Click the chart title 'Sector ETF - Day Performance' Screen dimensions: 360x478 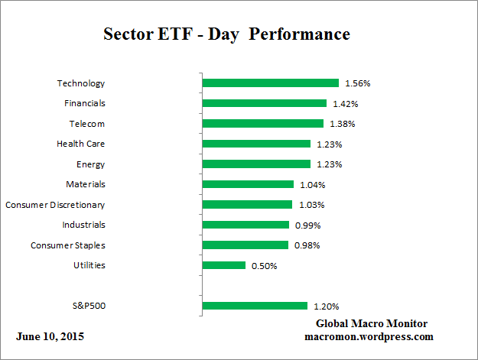pos(226,34)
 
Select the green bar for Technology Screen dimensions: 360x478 pos(270,83)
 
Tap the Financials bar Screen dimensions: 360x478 pos(264,103)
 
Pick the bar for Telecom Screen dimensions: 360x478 pos(262,123)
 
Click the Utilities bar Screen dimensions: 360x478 pos(224,265)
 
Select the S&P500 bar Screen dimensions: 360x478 pos(255,306)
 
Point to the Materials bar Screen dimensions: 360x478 pos(248,184)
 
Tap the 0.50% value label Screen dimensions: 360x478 pos(264,266)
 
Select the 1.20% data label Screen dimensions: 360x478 pos(326,306)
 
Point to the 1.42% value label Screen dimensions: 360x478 pos(346,103)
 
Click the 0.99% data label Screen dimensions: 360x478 pos(307,225)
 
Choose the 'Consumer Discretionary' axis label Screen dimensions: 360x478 pos(55,205)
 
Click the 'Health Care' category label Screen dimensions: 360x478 pos(80,144)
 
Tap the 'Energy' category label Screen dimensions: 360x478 pos(90,164)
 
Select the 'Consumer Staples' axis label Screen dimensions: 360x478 pos(67,245)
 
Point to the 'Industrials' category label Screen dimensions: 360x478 pos(83,225)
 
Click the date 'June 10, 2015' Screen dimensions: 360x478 pos(50,336)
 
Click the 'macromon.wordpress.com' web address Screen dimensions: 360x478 pos(369,336)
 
